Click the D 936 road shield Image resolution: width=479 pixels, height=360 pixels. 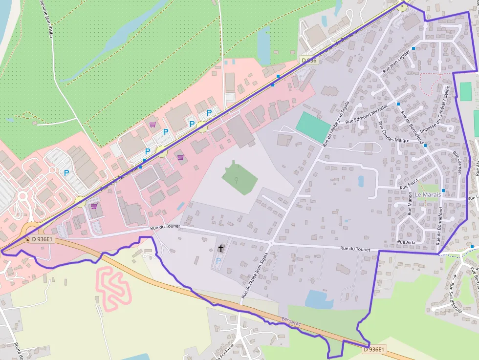[309, 61]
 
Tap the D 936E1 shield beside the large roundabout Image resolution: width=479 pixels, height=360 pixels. [43, 239]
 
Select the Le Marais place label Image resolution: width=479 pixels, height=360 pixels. [428, 194]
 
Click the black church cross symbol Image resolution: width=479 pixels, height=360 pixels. [220, 249]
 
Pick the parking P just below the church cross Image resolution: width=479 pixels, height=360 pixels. [218, 260]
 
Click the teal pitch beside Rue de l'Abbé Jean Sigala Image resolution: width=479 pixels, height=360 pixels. [313, 127]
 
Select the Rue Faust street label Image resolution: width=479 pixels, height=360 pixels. [410, 184]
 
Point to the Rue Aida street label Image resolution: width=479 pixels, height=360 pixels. [407, 242]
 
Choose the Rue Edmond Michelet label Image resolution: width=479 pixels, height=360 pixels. [366, 114]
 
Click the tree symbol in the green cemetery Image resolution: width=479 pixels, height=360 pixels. [236, 179]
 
